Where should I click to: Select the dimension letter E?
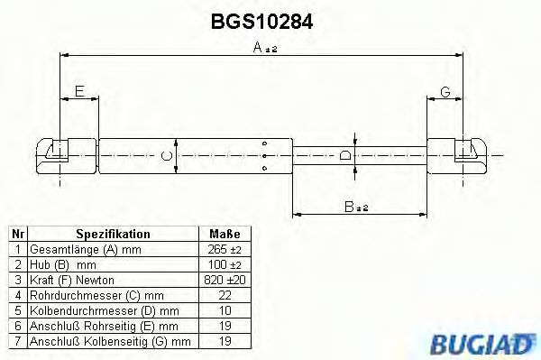(x=78, y=91)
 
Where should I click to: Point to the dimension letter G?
(x=445, y=91)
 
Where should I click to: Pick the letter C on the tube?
(x=166, y=156)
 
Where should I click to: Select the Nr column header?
(x=16, y=233)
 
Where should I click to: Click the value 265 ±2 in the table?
(x=224, y=248)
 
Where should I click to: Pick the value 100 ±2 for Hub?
(x=224, y=264)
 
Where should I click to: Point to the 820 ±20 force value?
(x=224, y=280)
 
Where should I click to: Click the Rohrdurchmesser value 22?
(x=224, y=295)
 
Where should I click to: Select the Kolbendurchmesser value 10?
(x=224, y=310)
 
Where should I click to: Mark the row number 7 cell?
(x=16, y=341)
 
